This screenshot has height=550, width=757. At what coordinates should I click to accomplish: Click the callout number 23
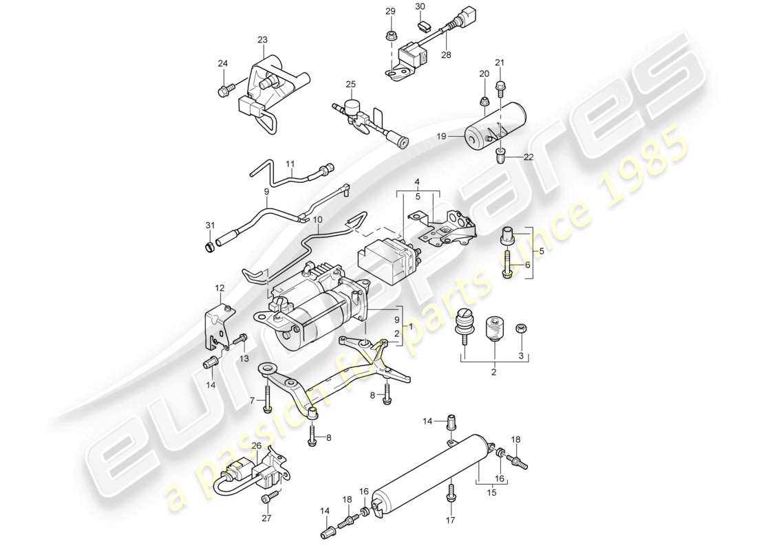tap(262, 40)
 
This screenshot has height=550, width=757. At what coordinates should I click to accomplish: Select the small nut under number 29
tap(390, 34)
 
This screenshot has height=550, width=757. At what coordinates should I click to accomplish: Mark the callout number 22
tap(529, 157)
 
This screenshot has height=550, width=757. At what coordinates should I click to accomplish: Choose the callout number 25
tap(350, 85)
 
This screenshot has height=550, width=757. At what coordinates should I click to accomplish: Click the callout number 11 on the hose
tap(290, 164)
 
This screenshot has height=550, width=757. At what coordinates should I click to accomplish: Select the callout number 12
tap(220, 287)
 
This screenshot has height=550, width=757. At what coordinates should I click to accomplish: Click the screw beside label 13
tap(240, 339)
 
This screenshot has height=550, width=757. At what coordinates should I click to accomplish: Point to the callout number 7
tap(253, 400)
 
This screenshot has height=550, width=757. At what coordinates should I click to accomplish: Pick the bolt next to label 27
tap(273, 494)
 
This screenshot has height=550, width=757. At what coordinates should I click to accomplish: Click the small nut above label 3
tap(520, 329)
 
